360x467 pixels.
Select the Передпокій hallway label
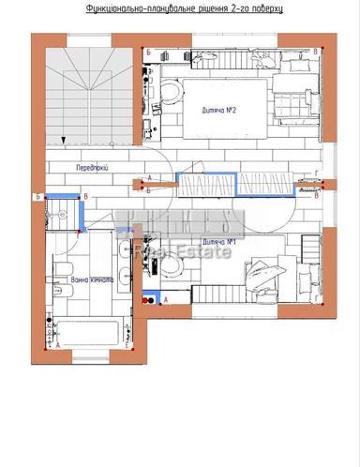[94, 165]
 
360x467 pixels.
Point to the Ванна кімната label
[92, 279]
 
